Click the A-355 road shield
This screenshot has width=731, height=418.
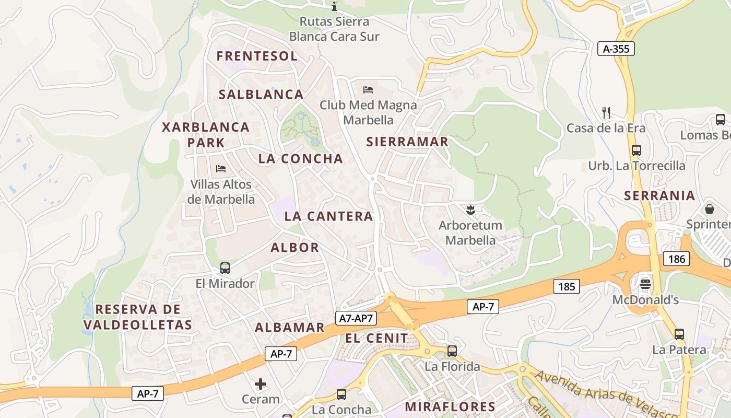point(616,49)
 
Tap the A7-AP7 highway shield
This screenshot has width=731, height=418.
point(356,318)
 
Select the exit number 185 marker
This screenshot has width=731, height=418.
point(567,286)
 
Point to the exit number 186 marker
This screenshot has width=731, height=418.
point(676,258)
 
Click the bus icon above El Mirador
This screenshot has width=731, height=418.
point(225,268)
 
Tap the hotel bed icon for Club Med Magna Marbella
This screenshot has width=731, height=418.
point(368,89)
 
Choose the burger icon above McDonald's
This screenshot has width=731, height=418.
point(645,284)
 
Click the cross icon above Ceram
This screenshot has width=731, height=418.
point(261,385)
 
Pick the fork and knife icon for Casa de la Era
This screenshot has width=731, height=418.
point(606,112)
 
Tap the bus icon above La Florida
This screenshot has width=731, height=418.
point(452,351)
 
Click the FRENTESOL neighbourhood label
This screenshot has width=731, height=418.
point(257,56)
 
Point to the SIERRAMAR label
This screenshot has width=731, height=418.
point(407,142)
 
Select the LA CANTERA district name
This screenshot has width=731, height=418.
point(329,216)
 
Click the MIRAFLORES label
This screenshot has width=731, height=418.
point(450,407)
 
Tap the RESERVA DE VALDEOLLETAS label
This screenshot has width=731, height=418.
point(138,317)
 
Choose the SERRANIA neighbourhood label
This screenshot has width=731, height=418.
point(660,196)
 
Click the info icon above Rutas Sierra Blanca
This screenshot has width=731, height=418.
point(335,7)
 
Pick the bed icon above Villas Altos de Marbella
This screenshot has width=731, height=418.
point(221,169)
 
